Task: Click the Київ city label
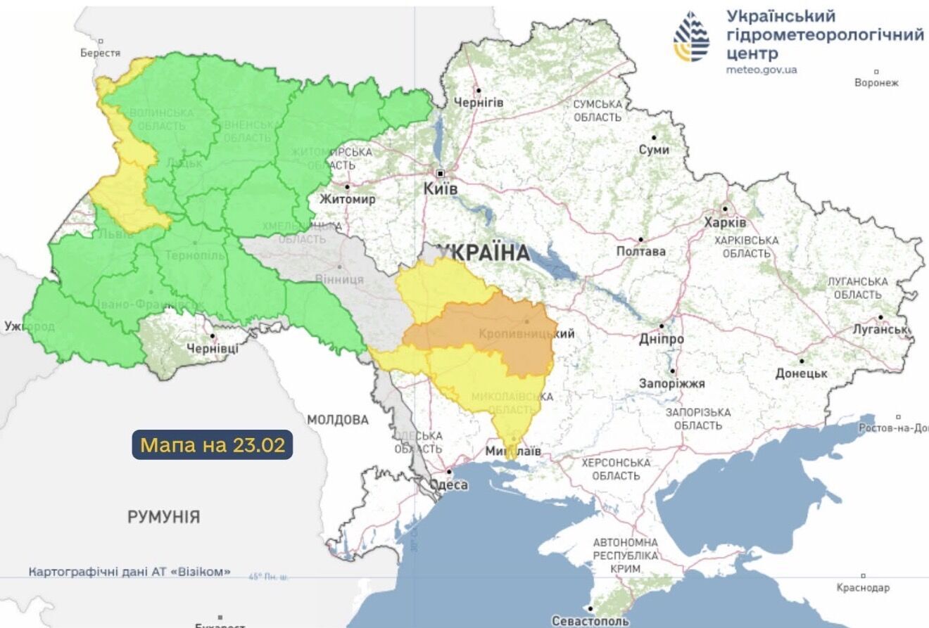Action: (442, 190)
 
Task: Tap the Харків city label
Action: (725, 222)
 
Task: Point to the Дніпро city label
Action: (661, 339)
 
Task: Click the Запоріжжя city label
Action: (671, 384)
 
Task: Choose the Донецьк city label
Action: (801, 373)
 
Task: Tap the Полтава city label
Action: (640, 251)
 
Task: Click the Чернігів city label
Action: (479, 103)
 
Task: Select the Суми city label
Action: (654, 150)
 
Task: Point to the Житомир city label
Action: (347, 199)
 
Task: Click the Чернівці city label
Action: (213, 348)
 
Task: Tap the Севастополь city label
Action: (590, 621)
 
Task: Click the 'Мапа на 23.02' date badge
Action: (212, 445)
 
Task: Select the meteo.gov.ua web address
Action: (761, 70)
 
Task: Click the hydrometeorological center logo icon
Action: (691, 37)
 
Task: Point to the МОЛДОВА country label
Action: (337, 420)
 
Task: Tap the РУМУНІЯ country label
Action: (163, 517)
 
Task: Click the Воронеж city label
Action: (876, 82)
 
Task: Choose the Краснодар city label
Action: (863, 587)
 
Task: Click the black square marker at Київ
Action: (441, 173)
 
